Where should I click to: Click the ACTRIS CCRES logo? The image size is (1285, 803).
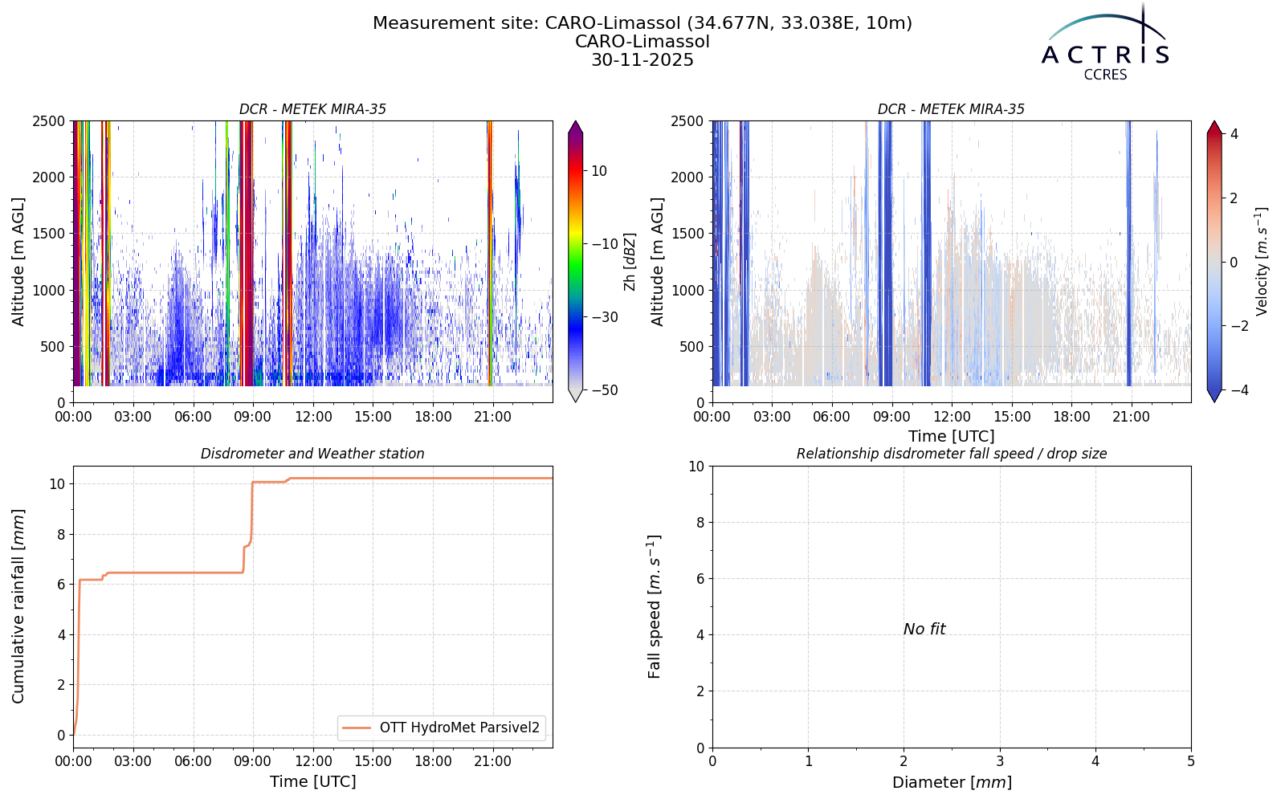(x=1105, y=43)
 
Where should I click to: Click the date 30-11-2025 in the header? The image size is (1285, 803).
(x=642, y=60)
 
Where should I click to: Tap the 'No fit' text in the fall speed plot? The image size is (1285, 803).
(x=924, y=630)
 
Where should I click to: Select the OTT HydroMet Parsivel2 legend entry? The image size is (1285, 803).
(x=442, y=728)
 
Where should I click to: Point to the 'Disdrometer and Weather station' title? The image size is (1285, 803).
(x=312, y=454)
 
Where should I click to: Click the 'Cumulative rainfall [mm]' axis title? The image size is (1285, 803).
(x=18, y=606)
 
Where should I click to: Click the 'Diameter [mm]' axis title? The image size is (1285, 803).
(x=952, y=782)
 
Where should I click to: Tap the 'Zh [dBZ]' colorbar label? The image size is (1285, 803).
(x=630, y=262)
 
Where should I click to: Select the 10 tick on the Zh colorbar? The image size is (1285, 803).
(x=599, y=171)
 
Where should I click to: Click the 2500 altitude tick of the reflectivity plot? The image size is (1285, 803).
(x=49, y=121)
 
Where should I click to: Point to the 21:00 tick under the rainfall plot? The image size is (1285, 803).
(x=493, y=761)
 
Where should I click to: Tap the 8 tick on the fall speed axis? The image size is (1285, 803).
(x=700, y=523)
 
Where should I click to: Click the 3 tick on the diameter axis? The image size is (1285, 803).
(x=1000, y=761)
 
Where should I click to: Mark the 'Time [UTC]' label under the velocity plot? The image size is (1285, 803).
(x=952, y=437)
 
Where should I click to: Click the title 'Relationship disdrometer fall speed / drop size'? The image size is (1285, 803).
(x=952, y=454)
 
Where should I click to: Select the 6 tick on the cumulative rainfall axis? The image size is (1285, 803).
(x=61, y=585)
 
